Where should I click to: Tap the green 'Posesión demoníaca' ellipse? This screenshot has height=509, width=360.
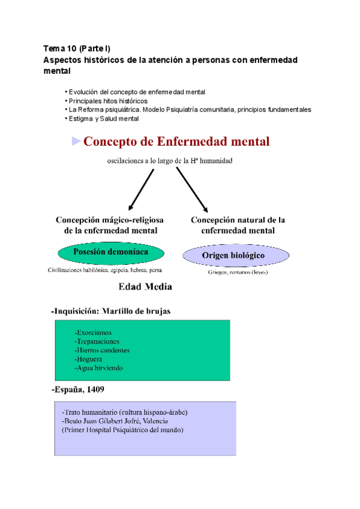pyautogui.click(x=111, y=252)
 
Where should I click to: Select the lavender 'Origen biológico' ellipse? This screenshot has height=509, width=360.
pyautogui.click(x=233, y=256)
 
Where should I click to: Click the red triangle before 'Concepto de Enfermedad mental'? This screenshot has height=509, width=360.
pyautogui.click(x=76, y=142)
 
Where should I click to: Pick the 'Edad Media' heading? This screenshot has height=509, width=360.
pyautogui.click(x=146, y=287)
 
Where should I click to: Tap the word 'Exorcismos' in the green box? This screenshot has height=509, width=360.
pyautogui.click(x=95, y=333)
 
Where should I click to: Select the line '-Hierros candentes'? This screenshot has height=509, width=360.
pyautogui.click(x=102, y=350)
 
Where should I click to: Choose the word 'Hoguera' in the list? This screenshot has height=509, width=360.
pyautogui.click(x=91, y=359)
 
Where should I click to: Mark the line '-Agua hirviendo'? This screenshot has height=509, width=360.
pyautogui.click(x=98, y=368)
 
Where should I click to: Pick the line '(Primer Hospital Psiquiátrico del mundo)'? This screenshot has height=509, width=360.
pyautogui.click(x=122, y=430)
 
